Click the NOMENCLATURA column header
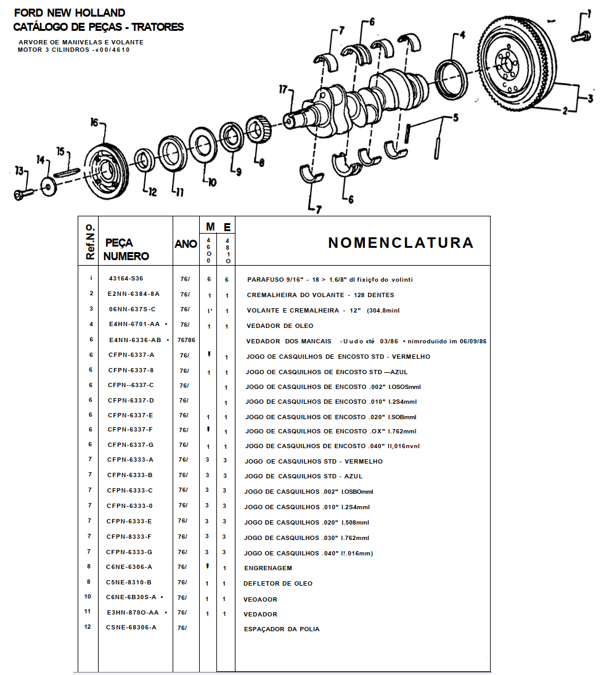click(401, 243)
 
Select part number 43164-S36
click(126, 279)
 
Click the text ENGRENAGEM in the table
click(268, 568)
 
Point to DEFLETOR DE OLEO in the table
click(278, 584)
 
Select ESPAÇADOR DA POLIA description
click(282, 629)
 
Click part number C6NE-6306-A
click(129, 567)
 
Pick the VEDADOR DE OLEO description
click(280, 326)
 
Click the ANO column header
click(186, 244)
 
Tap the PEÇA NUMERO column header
click(126, 250)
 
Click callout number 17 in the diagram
click(283, 89)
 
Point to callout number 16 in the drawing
click(94, 122)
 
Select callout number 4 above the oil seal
click(462, 35)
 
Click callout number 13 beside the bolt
click(19, 171)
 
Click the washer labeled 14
click(49, 187)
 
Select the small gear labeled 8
click(259, 129)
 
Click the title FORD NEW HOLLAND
click(70, 13)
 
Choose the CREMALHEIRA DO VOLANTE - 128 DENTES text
click(320, 295)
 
